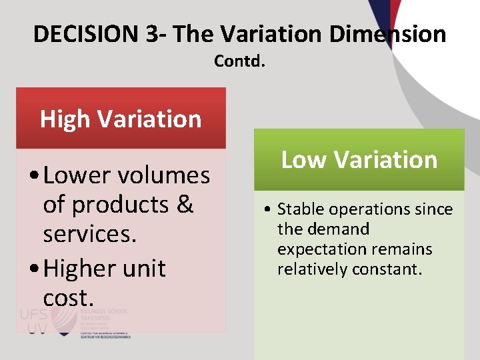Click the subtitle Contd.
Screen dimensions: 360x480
240,61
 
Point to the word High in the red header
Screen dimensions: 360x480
65,119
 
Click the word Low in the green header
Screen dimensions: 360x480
304,160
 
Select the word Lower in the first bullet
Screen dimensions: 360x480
75,175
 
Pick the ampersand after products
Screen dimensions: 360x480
185,205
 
